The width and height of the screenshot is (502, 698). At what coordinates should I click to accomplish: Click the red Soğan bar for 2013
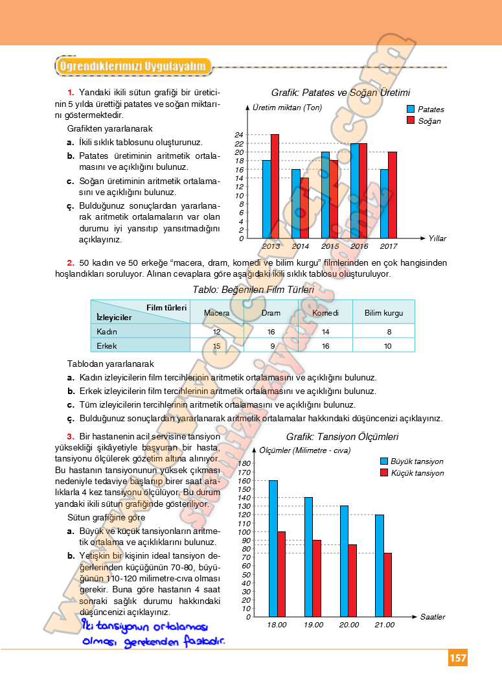[x=275, y=187]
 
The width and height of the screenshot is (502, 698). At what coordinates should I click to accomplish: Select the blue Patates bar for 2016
[x=355, y=191]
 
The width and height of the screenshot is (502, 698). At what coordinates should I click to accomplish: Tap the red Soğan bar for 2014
[x=304, y=208]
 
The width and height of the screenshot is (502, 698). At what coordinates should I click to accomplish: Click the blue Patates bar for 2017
[x=384, y=204]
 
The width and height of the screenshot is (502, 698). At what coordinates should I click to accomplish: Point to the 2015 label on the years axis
[x=330, y=247]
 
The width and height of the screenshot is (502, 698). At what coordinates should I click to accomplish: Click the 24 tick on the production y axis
[x=239, y=135]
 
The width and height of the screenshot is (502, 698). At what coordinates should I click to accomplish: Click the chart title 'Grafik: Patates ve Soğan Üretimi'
[x=341, y=93]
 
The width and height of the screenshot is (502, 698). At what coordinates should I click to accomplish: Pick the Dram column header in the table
[x=271, y=313]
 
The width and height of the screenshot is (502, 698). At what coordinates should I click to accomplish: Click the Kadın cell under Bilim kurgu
[x=383, y=331]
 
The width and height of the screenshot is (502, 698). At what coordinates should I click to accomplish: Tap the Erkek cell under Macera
[x=216, y=346]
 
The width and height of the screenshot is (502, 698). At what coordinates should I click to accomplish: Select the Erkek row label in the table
[x=106, y=346]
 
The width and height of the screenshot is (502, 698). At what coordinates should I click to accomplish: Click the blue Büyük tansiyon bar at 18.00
[x=273, y=548]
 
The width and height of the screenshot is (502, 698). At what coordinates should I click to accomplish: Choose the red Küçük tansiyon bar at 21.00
[x=387, y=585]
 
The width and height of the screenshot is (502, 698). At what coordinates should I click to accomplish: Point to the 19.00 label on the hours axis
[x=314, y=625]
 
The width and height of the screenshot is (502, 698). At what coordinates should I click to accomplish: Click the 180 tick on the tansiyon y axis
[x=244, y=464]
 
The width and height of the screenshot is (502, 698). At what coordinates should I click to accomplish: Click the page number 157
[x=457, y=658]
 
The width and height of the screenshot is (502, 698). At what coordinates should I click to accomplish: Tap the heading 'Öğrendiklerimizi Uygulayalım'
[x=133, y=66]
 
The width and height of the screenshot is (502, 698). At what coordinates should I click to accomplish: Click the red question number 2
[x=71, y=262]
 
